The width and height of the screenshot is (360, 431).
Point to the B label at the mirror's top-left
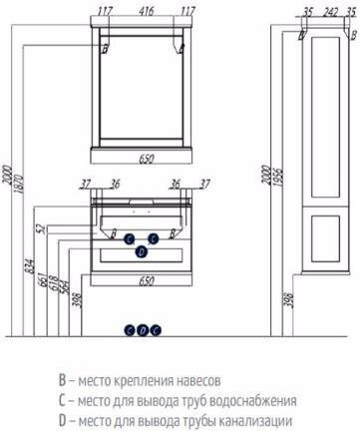coord(104,47)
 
